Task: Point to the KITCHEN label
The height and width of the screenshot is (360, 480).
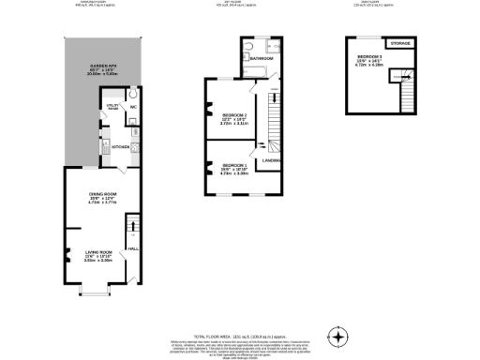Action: point(121,147)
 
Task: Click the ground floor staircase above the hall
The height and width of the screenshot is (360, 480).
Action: point(132,227)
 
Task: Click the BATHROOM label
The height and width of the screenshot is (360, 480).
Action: point(262,58)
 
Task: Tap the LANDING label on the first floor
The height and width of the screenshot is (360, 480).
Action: point(273,161)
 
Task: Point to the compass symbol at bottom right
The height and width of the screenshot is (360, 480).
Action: point(339,335)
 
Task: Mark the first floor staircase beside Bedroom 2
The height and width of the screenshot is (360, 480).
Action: point(275,117)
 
